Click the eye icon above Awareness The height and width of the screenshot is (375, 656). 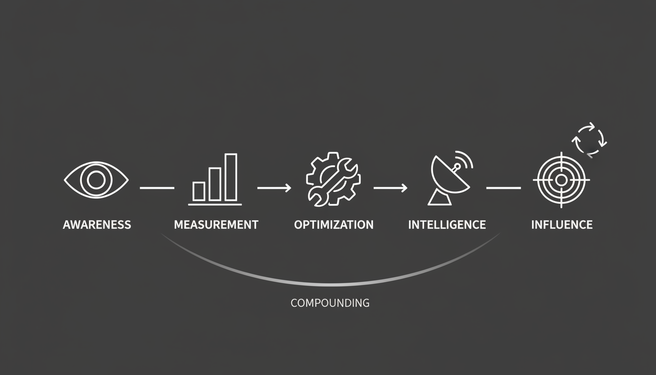[96, 180]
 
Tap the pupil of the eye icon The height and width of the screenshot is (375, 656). [96, 180]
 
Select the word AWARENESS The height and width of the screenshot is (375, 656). [97, 225]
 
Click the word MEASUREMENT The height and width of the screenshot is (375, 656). [216, 225]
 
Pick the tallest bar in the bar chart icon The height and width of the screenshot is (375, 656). [231, 177]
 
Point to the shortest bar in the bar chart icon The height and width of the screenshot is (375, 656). [199, 191]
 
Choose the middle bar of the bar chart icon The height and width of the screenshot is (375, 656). [215, 184]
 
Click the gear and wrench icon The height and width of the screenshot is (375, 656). [333, 179]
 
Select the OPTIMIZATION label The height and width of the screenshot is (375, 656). [334, 225]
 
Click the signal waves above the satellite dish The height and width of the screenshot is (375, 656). [464, 160]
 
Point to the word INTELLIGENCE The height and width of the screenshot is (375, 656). [447, 225]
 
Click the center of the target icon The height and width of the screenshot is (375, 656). [561, 180]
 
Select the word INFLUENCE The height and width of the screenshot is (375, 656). [562, 225]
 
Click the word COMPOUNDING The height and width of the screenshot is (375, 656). [330, 303]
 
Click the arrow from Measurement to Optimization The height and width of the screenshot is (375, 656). [274, 188]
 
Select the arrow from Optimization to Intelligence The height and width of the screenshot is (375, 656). [390, 188]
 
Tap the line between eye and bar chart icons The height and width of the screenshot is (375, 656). [157, 188]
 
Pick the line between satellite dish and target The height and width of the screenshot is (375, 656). [504, 188]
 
